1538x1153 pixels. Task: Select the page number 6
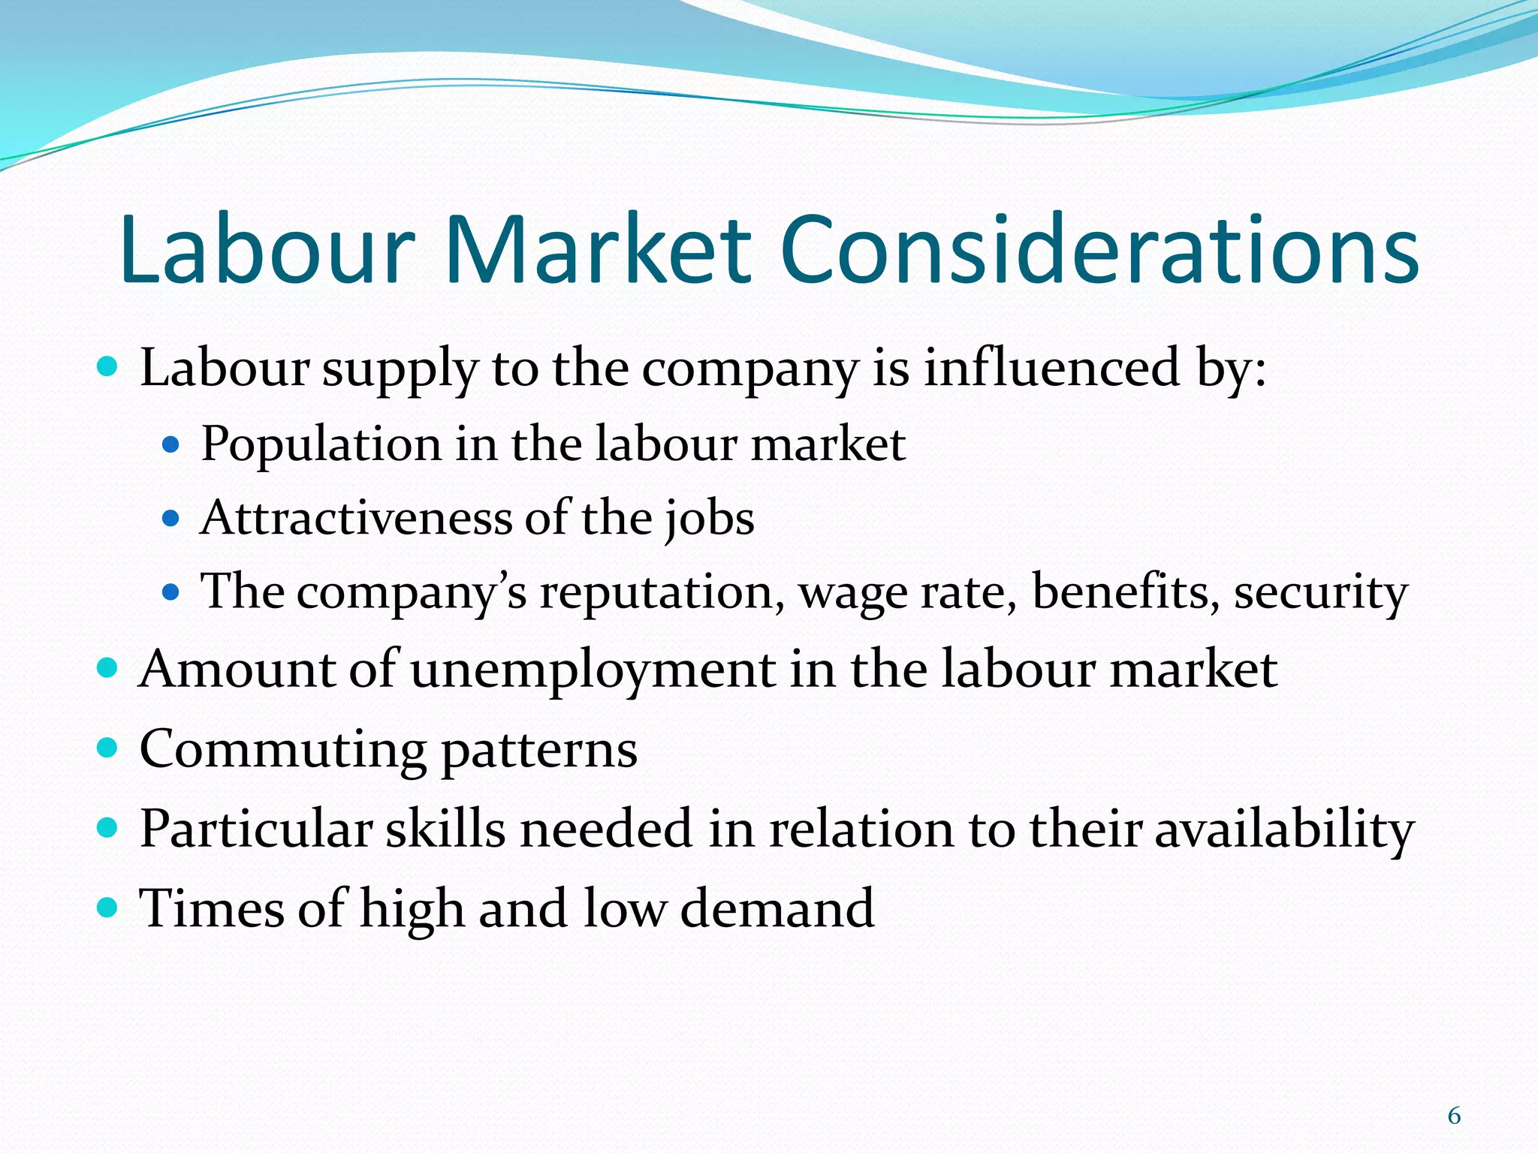1454,1116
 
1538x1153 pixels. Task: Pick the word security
1320,593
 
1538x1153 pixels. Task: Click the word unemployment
593,670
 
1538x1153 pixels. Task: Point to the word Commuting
282,750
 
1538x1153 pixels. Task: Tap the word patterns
538,750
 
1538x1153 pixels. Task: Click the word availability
1283,830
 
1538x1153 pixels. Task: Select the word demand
777,908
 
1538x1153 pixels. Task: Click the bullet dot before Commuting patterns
108,748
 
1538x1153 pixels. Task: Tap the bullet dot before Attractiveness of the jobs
171,518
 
